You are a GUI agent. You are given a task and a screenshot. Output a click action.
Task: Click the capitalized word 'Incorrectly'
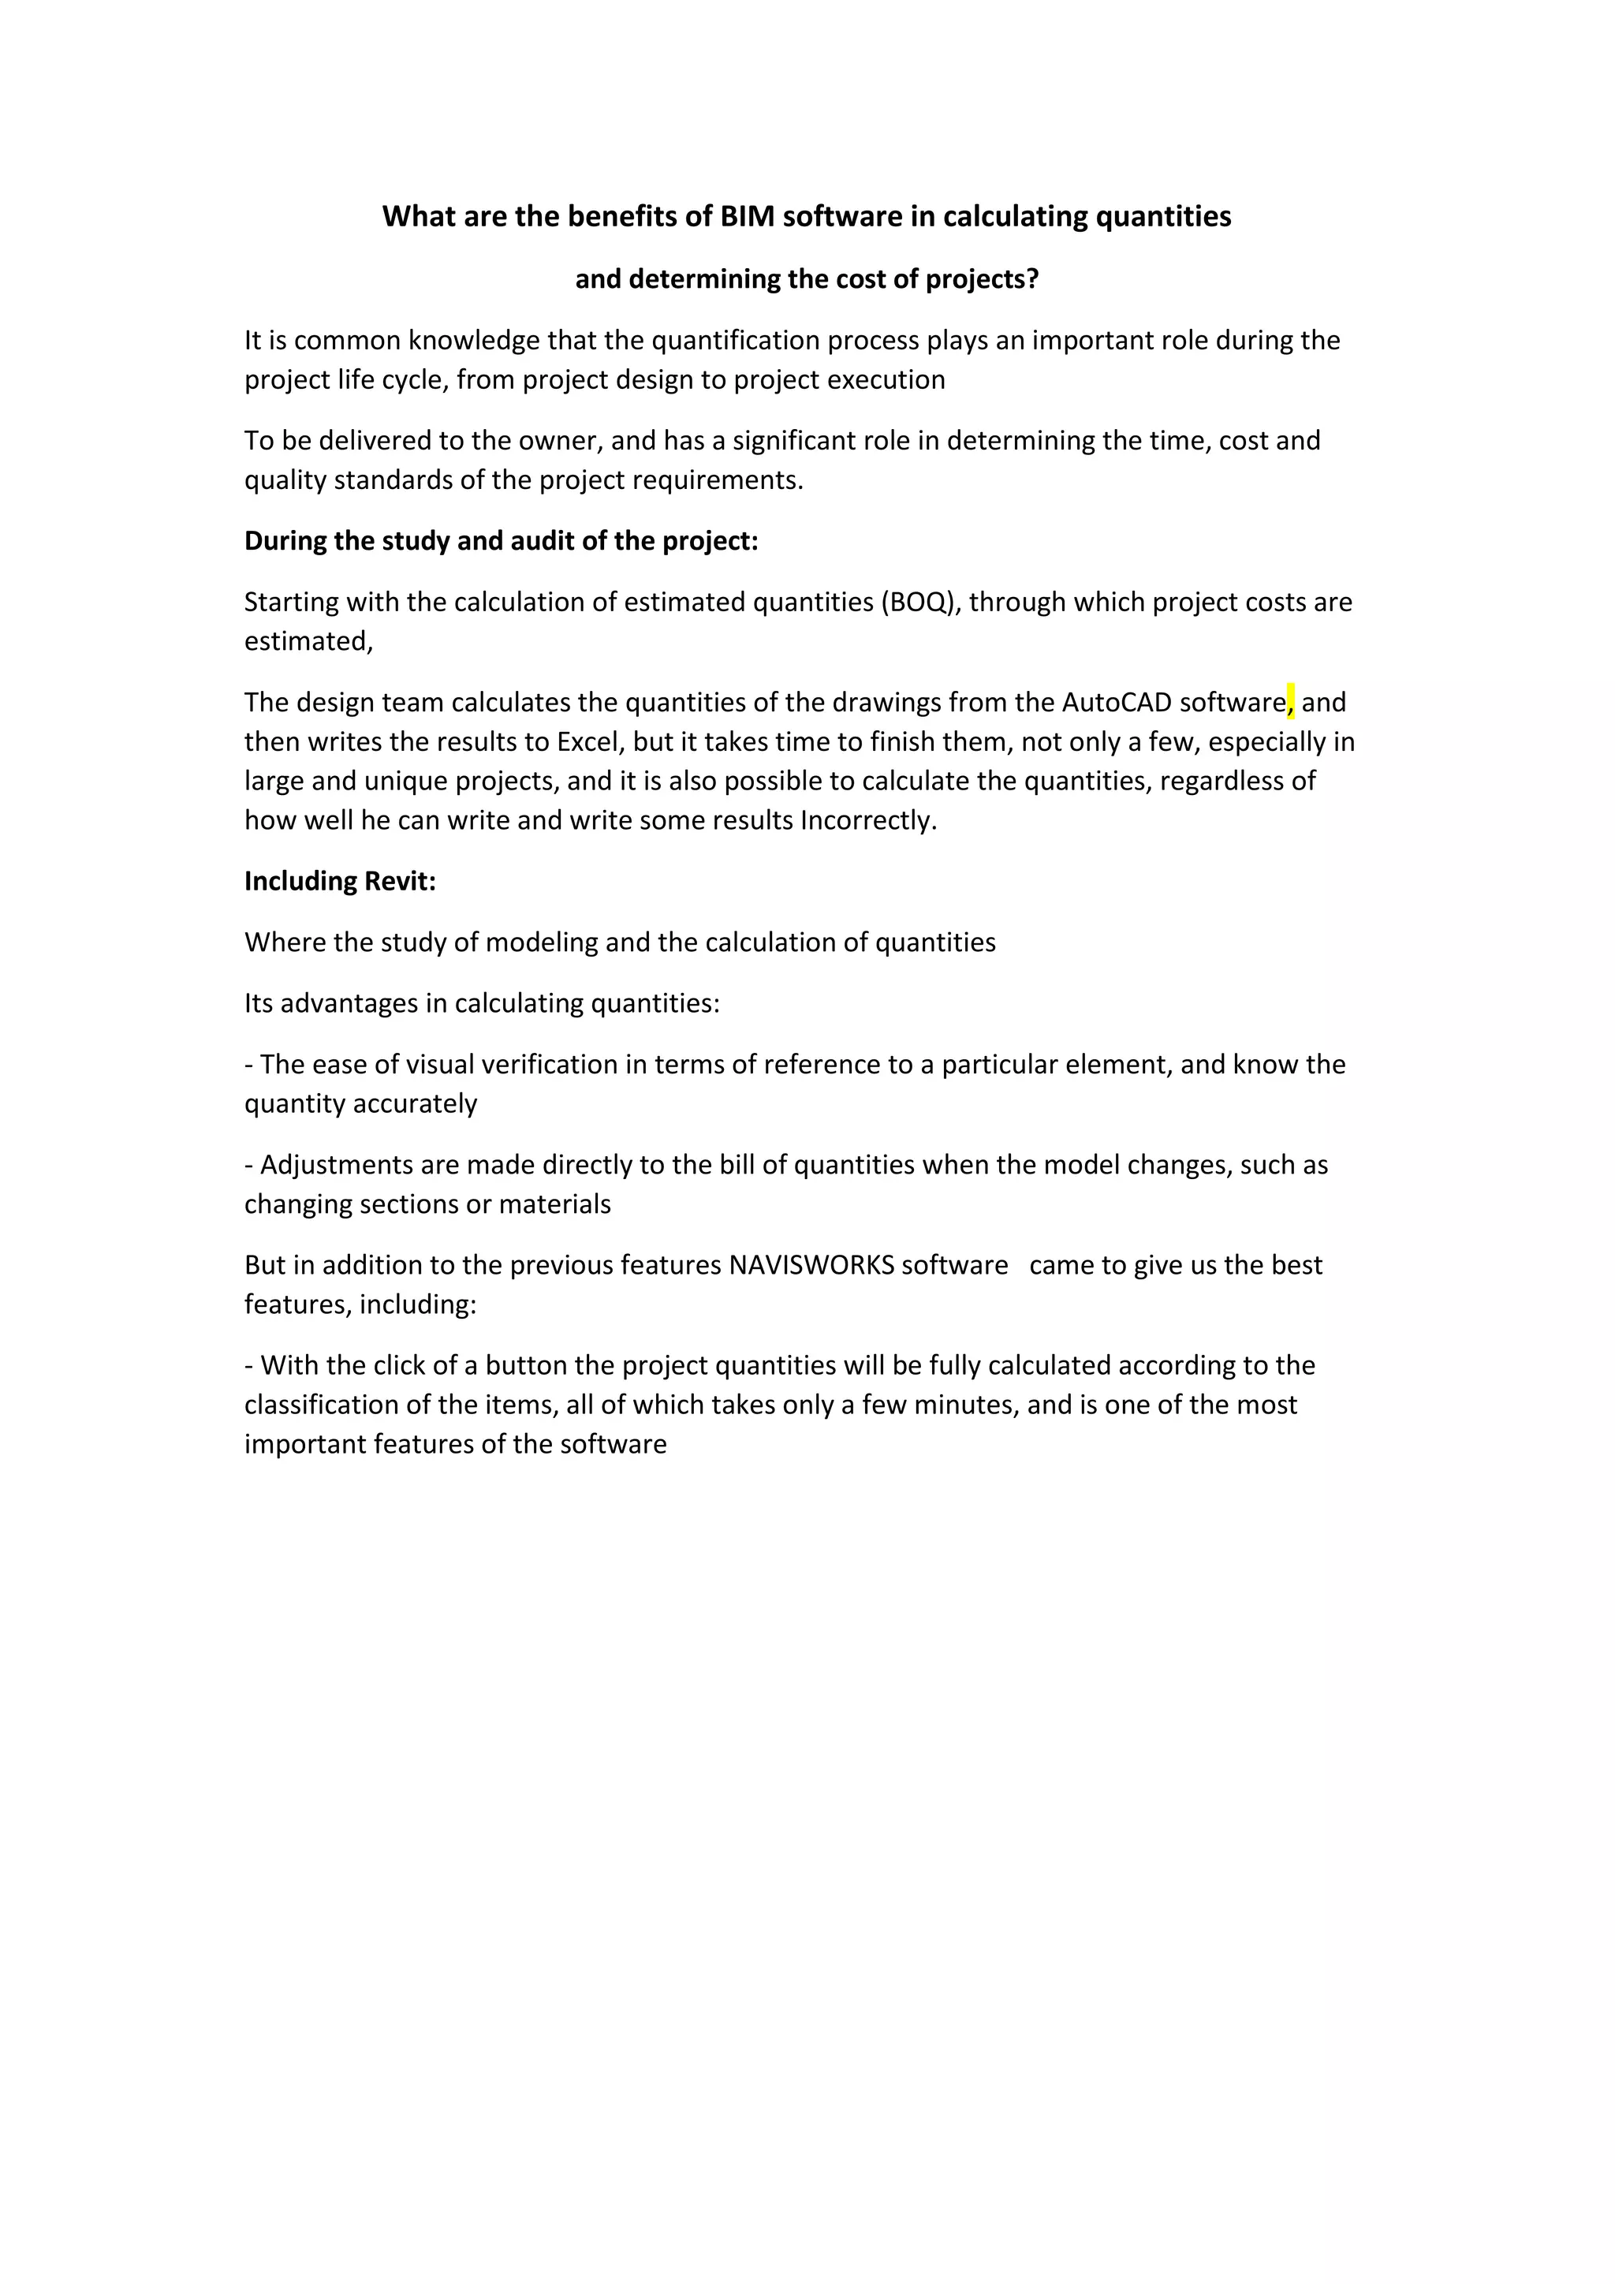(x=867, y=822)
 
